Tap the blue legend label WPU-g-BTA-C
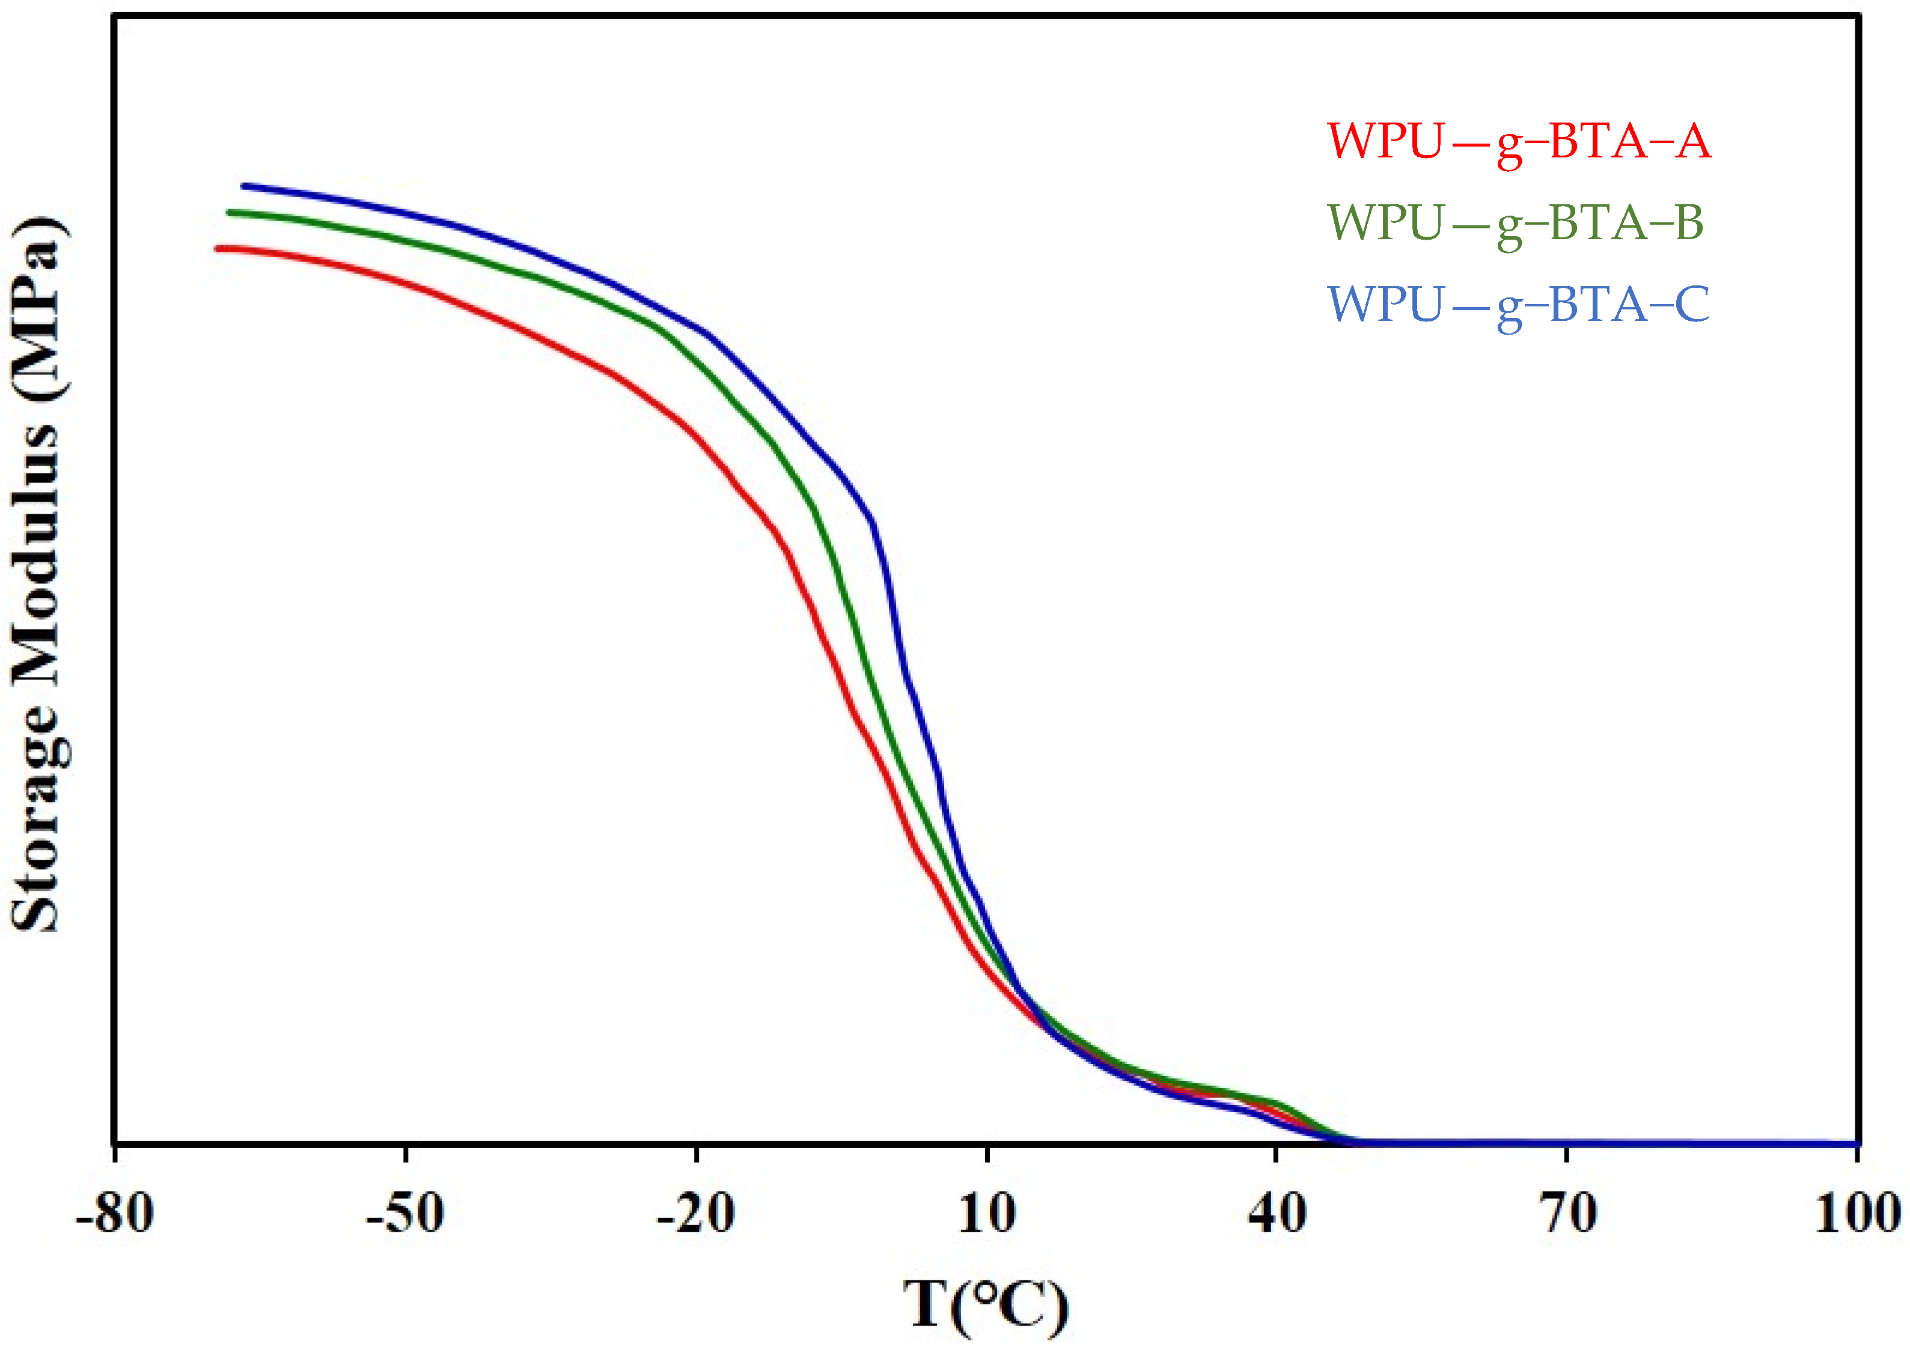pyautogui.click(x=1518, y=305)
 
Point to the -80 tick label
pyautogui.click(x=115, y=1214)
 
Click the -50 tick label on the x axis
pyautogui.click(x=405, y=1214)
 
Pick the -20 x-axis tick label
pyautogui.click(x=695, y=1214)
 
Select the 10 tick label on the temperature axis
pyautogui.click(x=987, y=1214)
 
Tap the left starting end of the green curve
pyautogui.click(x=230, y=213)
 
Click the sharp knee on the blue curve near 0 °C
pyautogui.click(x=871, y=519)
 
